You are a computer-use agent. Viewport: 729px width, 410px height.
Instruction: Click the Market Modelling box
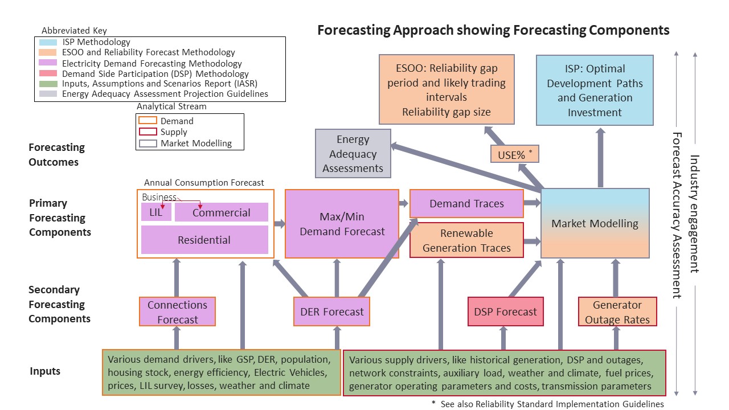pos(595,223)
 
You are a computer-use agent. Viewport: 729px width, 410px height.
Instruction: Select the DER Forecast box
pos(331,311)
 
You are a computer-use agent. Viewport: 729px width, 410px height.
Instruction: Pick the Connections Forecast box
pos(177,311)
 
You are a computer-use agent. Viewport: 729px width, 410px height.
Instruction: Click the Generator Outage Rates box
pos(617,312)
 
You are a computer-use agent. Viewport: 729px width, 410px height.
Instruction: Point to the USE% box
pos(514,154)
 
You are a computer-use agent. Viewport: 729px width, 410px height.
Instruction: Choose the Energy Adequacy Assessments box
pos(353,154)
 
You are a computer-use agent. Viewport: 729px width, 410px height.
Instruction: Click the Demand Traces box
pos(466,204)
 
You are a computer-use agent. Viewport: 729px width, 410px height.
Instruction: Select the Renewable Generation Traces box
pos(466,240)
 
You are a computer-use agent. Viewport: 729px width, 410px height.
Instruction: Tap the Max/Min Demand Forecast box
pos(342,224)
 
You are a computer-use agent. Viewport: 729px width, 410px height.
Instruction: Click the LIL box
pos(156,212)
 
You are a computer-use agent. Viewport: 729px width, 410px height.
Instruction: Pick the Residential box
pos(204,240)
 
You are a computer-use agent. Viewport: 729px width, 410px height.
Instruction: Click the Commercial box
pos(221,212)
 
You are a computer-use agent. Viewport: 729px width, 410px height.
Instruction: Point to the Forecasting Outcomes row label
pos(56,154)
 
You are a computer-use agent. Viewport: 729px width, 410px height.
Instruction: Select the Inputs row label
pos(45,371)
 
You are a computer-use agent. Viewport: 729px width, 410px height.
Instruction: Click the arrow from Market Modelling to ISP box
pos(600,157)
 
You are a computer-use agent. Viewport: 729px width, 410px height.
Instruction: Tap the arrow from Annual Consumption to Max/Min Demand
pos(280,224)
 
